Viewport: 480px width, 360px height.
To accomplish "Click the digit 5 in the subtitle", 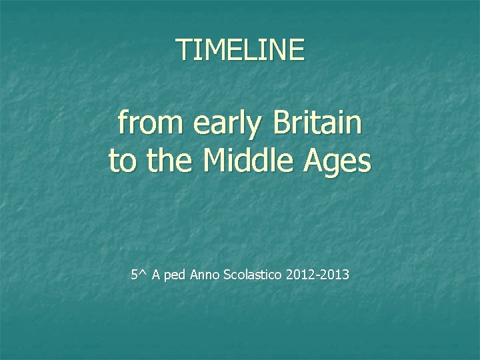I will click(x=135, y=275).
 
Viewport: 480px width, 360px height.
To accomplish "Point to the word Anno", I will click(x=204, y=275).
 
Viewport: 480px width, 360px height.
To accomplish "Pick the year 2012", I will click(x=299, y=275).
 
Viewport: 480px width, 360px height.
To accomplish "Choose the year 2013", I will click(x=335, y=275).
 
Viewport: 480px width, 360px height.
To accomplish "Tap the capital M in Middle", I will click(x=213, y=161).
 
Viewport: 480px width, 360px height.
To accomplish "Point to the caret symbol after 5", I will click(x=143, y=273).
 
